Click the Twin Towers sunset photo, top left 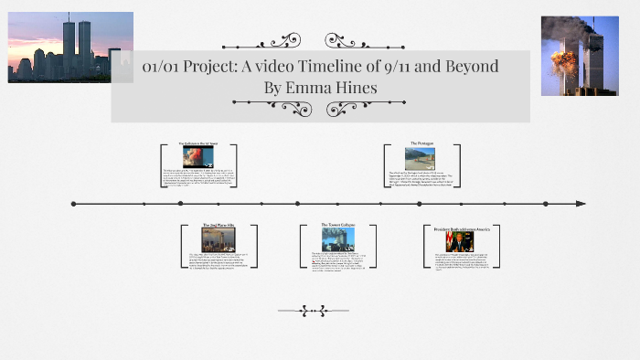(x=69, y=47)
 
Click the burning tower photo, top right (x=579, y=56)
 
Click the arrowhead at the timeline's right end (x=580, y=203)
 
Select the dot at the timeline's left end (x=72, y=203)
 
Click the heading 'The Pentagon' (x=421, y=143)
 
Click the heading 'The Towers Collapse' (x=337, y=225)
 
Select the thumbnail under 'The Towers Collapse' (x=337, y=238)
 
